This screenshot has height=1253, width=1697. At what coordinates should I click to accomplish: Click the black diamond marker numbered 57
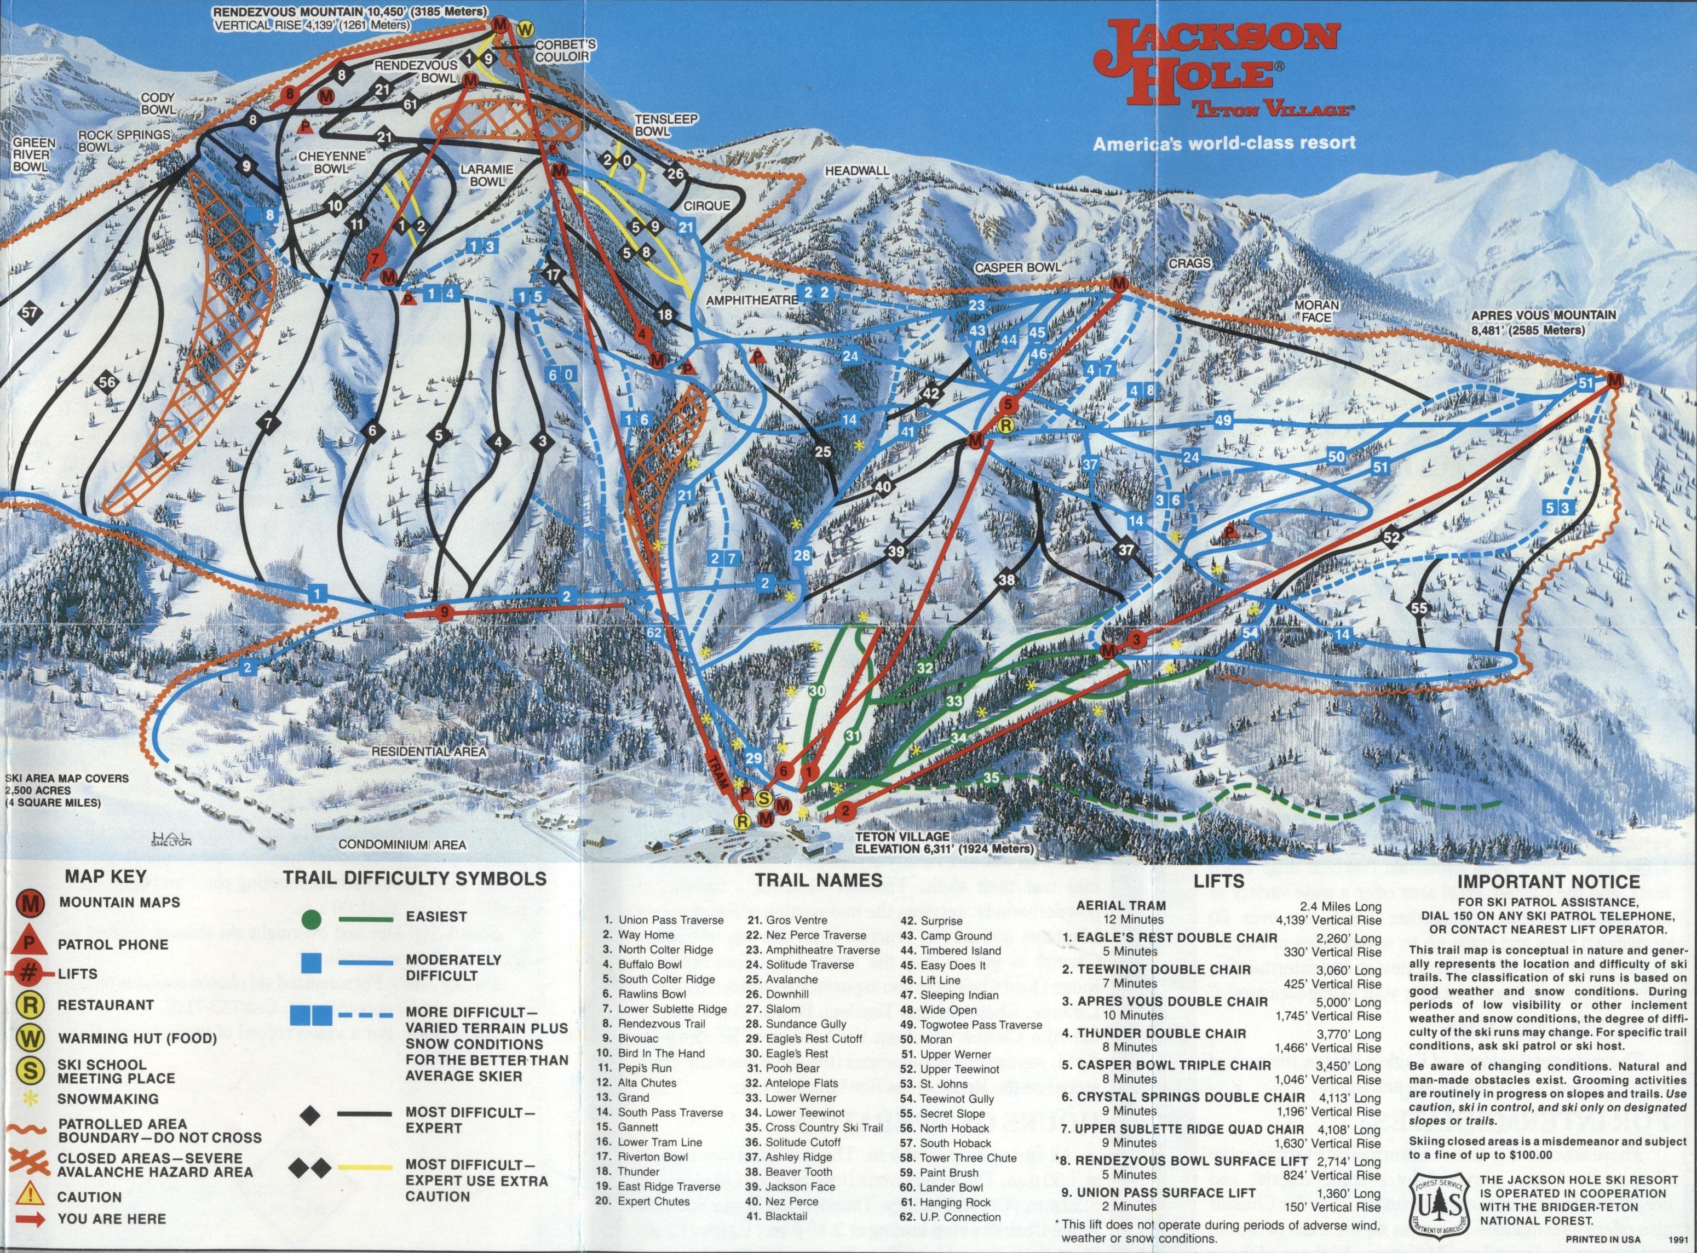coord(30,313)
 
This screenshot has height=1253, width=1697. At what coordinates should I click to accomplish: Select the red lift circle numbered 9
coord(444,612)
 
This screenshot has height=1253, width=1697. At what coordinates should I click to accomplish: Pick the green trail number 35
coord(991,778)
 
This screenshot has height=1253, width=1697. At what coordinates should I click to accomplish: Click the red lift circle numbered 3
coord(1135,640)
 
